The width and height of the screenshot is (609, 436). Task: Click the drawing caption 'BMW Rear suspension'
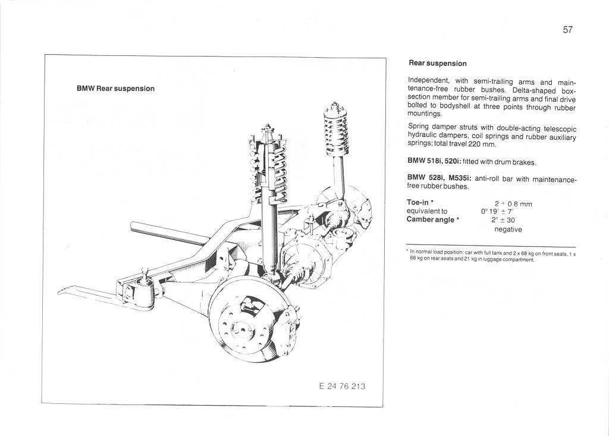(115, 89)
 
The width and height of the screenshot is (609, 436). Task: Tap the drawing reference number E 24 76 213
(342, 386)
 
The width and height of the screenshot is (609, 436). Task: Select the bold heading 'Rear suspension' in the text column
(438, 63)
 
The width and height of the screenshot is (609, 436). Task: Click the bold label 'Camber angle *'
(434, 219)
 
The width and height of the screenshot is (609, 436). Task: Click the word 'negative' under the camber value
(508, 229)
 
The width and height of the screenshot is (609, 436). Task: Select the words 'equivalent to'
(428, 211)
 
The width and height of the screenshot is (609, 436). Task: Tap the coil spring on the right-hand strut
(335, 130)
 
